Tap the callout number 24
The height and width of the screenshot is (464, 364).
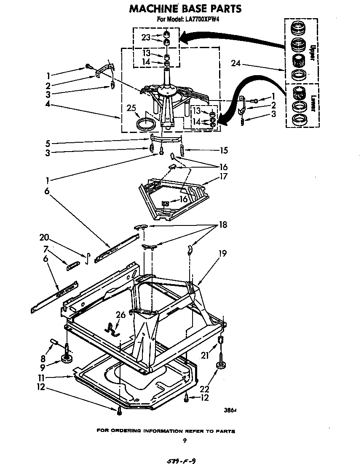(236, 63)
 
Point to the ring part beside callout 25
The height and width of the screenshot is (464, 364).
(146, 125)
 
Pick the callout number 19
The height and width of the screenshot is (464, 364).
(222, 253)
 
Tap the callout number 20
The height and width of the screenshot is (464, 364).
(44, 237)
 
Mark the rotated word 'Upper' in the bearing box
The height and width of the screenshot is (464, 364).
(312, 54)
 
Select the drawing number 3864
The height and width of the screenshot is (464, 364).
(230, 409)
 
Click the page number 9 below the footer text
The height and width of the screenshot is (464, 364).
(184, 441)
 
